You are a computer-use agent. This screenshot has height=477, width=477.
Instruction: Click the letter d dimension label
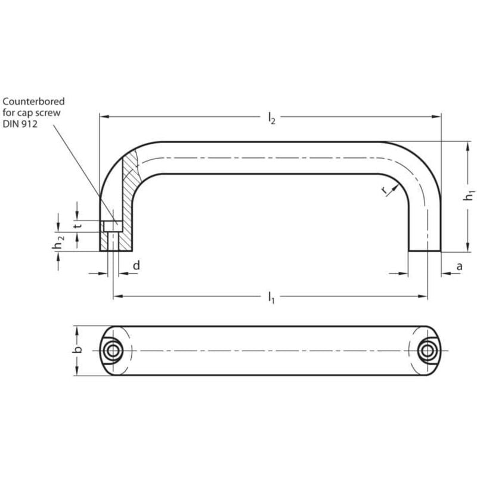point(136,265)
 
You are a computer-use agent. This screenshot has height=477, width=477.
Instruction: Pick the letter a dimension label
point(459,266)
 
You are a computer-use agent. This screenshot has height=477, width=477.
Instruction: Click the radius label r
point(385,190)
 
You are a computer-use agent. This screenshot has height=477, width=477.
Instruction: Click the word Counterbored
point(33,102)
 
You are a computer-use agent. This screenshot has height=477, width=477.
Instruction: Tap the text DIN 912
point(22,123)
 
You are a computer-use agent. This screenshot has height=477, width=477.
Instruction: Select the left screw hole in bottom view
point(111,351)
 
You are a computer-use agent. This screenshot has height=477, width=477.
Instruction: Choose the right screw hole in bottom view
point(426,351)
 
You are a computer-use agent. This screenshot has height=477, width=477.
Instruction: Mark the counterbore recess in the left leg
point(111,226)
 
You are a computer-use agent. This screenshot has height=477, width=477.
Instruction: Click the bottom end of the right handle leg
point(425,250)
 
